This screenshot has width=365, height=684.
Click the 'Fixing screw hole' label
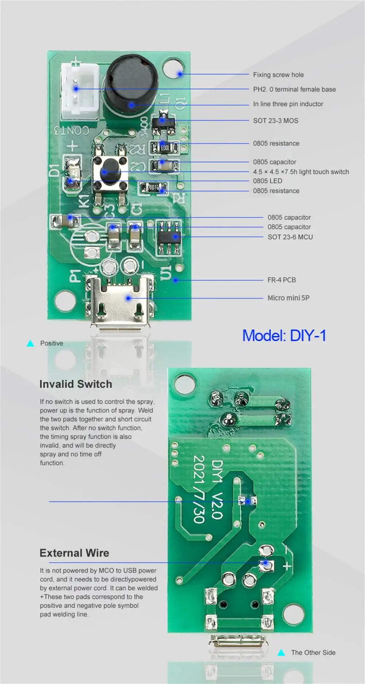pyautogui.click(x=278, y=75)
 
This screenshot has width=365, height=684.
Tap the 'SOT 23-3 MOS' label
pyautogui.click(x=276, y=121)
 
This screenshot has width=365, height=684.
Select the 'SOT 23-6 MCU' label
pyautogui.click(x=290, y=237)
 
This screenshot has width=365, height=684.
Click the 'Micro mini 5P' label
pyautogui.click(x=288, y=298)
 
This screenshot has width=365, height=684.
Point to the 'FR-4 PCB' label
pyautogui.click(x=281, y=280)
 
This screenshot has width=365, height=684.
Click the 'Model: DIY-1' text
pyautogui.click(x=284, y=336)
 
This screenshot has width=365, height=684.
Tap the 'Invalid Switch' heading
pyautogui.click(x=76, y=384)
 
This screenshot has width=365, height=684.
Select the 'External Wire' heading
pyautogui.click(x=74, y=553)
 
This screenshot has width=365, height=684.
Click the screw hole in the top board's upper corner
pyautogui.click(x=173, y=69)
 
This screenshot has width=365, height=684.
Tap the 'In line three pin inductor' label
pyautogui.click(x=288, y=104)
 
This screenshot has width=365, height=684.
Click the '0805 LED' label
pyautogui.click(x=268, y=181)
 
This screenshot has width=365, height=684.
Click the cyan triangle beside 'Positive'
pyautogui.click(x=30, y=344)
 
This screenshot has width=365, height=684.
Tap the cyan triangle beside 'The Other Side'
pyautogui.click(x=281, y=653)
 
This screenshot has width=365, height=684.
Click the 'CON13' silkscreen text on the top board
pyautogui.click(x=72, y=130)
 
